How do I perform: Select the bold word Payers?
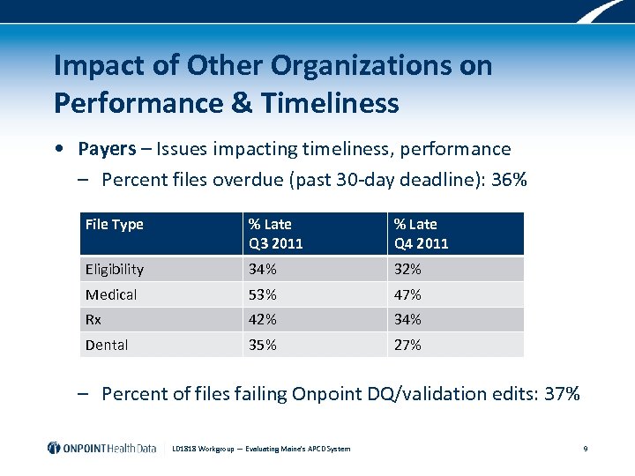[x=107, y=148]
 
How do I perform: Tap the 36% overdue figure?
[x=509, y=180]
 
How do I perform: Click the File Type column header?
[x=114, y=225]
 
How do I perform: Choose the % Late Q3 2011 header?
[x=275, y=234]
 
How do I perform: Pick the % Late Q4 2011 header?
[x=422, y=234]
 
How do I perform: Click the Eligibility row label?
[x=115, y=269]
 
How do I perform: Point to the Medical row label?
[x=111, y=294]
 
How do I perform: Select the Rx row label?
[x=93, y=319]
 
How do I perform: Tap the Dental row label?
[x=107, y=345]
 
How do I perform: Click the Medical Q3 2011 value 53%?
[x=262, y=294]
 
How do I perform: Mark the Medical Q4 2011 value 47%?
[x=407, y=294]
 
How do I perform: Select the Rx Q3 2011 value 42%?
[x=262, y=319]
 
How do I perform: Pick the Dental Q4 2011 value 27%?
[x=407, y=345]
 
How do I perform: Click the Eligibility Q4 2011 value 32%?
[x=407, y=269]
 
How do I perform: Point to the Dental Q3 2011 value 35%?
[x=262, y=345]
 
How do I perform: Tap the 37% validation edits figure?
[x=562, y=393]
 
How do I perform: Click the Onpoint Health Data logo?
[x=101, y=448]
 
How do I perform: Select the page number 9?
[x=586, y=449]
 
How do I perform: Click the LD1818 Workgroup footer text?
[x=261, y=449]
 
